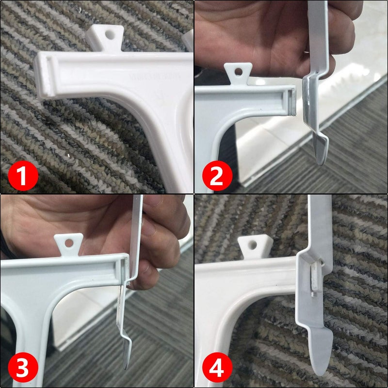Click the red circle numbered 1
click(23, 177)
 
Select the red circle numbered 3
click(23, 370)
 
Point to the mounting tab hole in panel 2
click(237, 72)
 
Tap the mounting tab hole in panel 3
click(68, 241)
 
